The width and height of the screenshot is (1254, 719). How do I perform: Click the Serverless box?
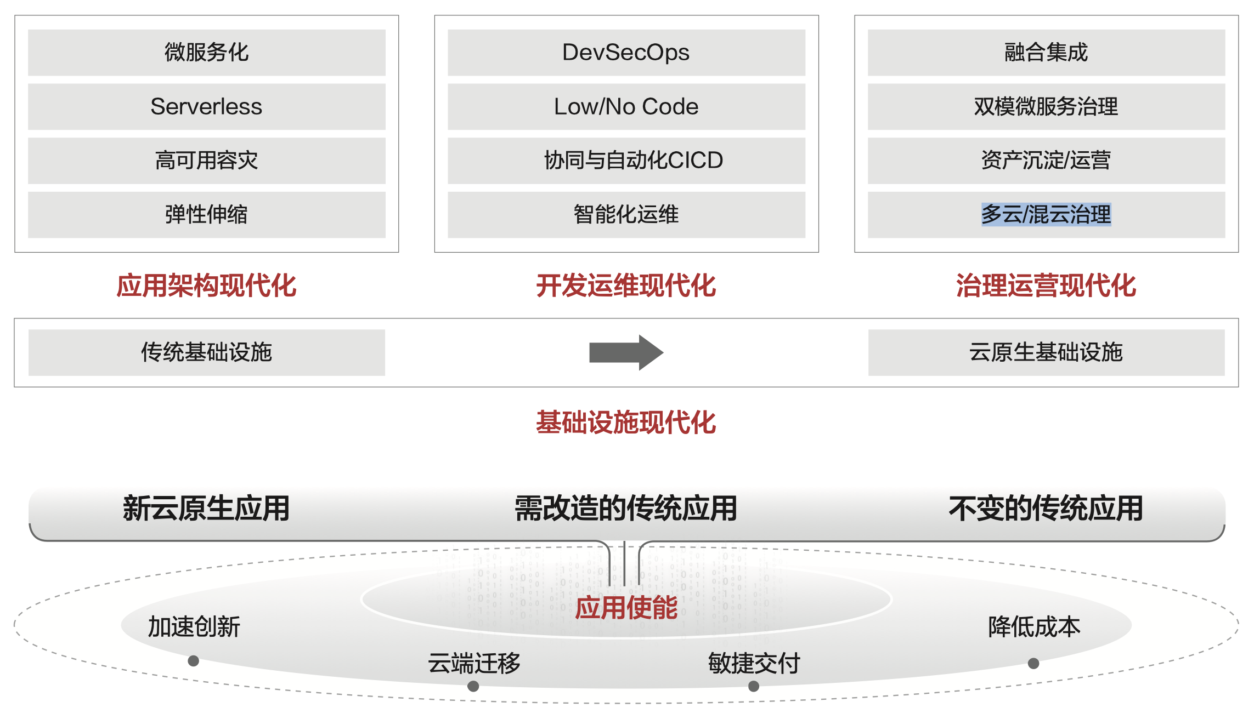206,106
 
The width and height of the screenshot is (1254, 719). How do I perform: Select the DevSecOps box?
626,53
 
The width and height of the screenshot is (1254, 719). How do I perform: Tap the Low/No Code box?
626,106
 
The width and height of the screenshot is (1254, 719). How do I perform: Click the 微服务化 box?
206,53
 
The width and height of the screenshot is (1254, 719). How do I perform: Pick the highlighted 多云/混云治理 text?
1046,214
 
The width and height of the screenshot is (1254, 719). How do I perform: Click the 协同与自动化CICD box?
626,161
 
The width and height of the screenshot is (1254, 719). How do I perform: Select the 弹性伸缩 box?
206,214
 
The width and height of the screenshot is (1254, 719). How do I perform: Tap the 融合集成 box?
1046,53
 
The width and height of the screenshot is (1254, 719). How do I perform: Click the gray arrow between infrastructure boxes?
625,352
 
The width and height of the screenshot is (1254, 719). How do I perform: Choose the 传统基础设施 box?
206,352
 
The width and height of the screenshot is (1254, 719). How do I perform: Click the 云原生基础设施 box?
1046,352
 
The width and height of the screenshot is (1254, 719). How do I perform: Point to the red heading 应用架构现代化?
206,286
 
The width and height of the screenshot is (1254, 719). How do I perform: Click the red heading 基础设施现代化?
626,423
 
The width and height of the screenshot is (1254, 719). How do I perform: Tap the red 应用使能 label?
626,608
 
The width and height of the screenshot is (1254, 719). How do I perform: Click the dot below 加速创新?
193,661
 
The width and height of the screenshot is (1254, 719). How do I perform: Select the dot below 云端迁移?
473,686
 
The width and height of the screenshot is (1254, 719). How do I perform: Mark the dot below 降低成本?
1033,664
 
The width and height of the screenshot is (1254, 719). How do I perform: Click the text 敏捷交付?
754,663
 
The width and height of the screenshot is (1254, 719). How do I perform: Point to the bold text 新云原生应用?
206,508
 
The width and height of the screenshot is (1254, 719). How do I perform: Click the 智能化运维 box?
626,214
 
